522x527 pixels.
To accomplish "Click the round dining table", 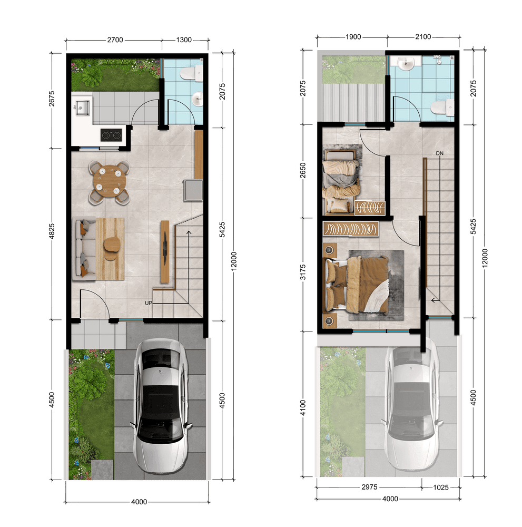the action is click(110, 181).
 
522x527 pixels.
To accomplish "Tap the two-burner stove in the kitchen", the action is click(111, 135).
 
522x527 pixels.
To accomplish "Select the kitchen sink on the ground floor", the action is click(82, 108).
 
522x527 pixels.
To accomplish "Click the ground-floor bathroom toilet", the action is click(192, 74).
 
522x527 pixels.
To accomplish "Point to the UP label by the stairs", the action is click(149, 303).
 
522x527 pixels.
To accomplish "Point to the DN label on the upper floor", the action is click(440, 153).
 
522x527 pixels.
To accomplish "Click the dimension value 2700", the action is click(115, 40).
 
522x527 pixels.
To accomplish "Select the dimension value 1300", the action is click(184, 40).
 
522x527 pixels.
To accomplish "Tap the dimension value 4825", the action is click(52, 231).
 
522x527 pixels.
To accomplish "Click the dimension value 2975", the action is click(369, 487).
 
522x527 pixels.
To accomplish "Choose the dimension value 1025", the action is click(441, 487).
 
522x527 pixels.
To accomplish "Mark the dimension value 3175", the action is click(303, 272).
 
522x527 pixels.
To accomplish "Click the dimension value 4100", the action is click(303, 408).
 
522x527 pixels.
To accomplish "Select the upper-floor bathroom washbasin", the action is click(406, 63).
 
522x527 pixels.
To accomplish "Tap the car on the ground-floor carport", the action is click(161, 406).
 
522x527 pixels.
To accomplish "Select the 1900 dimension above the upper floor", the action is click(353, 37).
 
